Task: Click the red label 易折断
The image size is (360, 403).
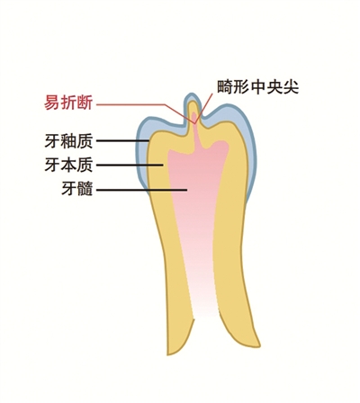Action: point(68,103)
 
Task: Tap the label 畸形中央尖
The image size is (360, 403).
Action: point(258,87)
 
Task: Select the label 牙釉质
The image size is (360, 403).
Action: point(68,140)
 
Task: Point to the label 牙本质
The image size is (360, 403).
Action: point(68,165)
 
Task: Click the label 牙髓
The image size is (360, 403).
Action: point(77,189)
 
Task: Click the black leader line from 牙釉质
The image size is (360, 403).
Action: point(122,140)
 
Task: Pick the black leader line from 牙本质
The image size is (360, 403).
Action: point(130,165)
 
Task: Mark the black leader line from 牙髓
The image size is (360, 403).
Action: point(141,190)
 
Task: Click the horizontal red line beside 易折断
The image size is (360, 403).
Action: point(130,104)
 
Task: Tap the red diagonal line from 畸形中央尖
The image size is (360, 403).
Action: point(203,108)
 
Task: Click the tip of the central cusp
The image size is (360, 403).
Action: point(193,94)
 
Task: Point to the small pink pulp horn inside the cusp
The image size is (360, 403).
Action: point(194,117)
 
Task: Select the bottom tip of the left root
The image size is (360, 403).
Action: point(168,354)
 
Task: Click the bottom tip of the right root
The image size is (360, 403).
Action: point(259,345)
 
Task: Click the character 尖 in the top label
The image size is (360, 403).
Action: point(291,87)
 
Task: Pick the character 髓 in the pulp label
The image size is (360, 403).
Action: point(85,189)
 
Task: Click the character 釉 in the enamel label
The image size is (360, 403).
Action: point(68,140)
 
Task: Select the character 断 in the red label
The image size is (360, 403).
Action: point(85,103)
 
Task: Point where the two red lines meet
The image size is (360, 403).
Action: point(195,123)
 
